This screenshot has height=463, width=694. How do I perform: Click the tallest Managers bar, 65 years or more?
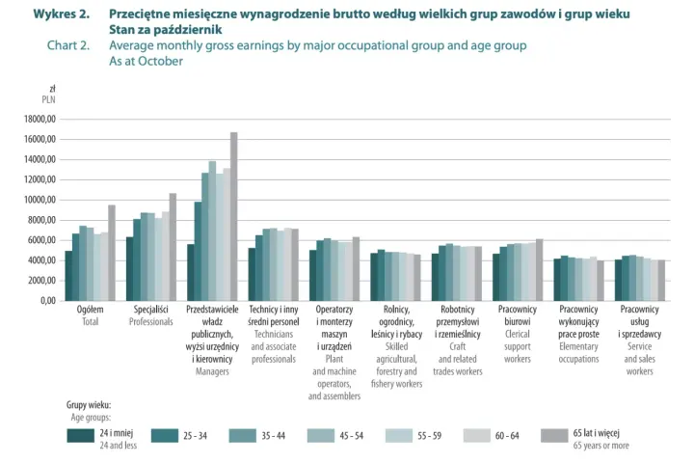(x=233, y=217)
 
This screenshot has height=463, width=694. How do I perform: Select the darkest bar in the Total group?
(x=68, y=276)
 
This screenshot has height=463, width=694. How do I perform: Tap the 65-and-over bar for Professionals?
(x=173, y=247)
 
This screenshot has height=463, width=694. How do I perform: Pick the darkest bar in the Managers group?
(x=191, y=272)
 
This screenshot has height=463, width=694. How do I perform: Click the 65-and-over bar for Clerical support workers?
(x=539, y=270)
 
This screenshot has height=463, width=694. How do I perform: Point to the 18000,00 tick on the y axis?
(x=40, y=120)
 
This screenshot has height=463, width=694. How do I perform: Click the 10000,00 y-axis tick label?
(x=40, y=200)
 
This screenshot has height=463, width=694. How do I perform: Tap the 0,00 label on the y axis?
(x=48, y=301)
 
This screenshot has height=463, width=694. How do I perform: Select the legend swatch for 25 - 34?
(x=165, y=436)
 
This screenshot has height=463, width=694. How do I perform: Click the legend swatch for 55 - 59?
(x=399, y=436)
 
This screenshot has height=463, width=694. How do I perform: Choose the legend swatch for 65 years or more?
(x=554, y=436)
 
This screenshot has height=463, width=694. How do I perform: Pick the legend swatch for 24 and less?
(x=81, y=436)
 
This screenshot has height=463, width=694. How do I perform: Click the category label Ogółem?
(x=90, y=310)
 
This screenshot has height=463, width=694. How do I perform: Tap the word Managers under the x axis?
(x=212, y=371)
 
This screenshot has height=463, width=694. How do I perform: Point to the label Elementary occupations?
(x=578, y=353)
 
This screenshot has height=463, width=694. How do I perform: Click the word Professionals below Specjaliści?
(x=151, y=321)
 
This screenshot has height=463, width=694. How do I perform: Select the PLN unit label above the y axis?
(x=49, y=99)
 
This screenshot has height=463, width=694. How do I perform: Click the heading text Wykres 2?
(x=62, y=14)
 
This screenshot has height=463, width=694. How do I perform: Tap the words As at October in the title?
(x=147, y=61)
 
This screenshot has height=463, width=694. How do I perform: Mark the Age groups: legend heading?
(x=91, y=418)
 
